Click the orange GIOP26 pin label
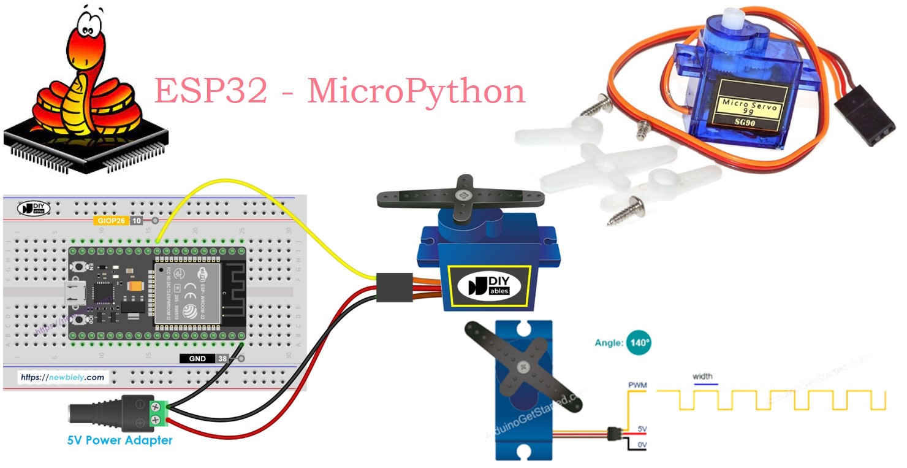point(110,221)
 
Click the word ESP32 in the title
point(210,91)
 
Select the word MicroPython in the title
point(416,91)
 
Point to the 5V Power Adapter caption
point(120,440)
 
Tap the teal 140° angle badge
point(638,343)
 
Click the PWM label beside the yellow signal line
point(637,385)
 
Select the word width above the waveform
point(702,376)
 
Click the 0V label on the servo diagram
point(642,444)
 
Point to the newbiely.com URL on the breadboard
point(62,377)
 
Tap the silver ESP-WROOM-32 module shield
point(182,293)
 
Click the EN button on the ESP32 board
point(79,267)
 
